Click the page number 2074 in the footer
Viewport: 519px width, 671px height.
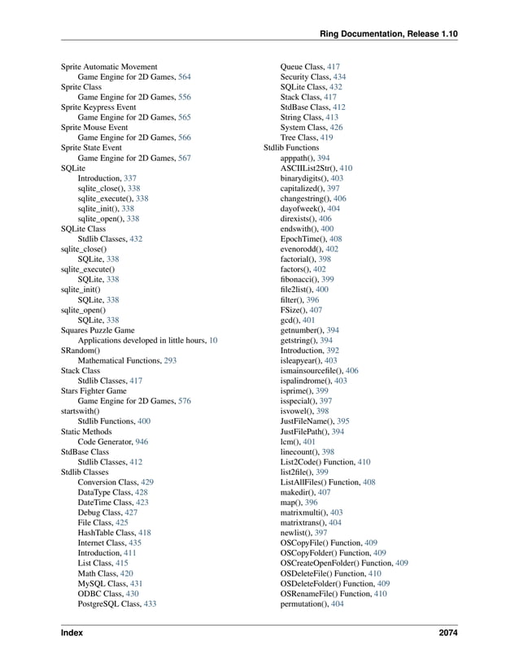(x=447, y=631)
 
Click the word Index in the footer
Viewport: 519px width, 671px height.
(x=72, y=631)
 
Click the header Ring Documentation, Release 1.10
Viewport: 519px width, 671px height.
(x=389, y=33)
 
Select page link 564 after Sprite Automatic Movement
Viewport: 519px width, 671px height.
(x=185, y=76)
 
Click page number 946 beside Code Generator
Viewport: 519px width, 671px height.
(x=142, y=442)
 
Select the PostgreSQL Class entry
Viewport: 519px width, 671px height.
(x=109, y=604)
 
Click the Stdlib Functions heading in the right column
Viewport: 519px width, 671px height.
(x=291, y=148)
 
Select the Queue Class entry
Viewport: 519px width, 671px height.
(x=303, y=67)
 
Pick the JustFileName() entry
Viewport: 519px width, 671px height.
(x=307, y=421)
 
